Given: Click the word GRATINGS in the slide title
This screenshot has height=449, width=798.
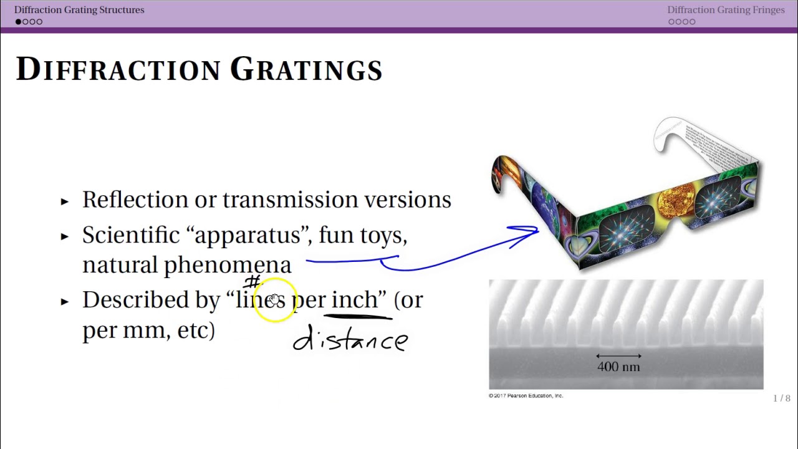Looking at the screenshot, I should click(306, 69).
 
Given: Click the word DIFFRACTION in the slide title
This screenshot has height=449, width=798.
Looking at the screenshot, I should click(118, 69).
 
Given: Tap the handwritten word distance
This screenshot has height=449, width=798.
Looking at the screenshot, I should click(350, 340).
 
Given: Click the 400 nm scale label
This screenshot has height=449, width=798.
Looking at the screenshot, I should click(618, 367).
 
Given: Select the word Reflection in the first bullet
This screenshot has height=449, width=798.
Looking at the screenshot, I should click(135, 200).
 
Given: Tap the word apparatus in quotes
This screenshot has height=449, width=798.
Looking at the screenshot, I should click(248, 235).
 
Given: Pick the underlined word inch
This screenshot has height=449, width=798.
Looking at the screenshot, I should click(354, 300).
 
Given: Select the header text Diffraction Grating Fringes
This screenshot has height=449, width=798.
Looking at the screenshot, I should click(726, 10).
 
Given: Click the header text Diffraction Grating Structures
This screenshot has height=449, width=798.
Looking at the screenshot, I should click(79, 10).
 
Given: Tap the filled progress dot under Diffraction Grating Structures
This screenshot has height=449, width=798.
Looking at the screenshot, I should click(19, 22).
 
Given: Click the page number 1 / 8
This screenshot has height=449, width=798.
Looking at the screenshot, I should click(781, 398).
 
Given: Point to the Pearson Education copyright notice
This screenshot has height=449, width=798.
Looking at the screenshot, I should click(526, 395).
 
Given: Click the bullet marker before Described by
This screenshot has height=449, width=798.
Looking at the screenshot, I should click(65, 302).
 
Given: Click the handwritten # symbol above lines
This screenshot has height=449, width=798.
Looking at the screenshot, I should click(252, 282).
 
